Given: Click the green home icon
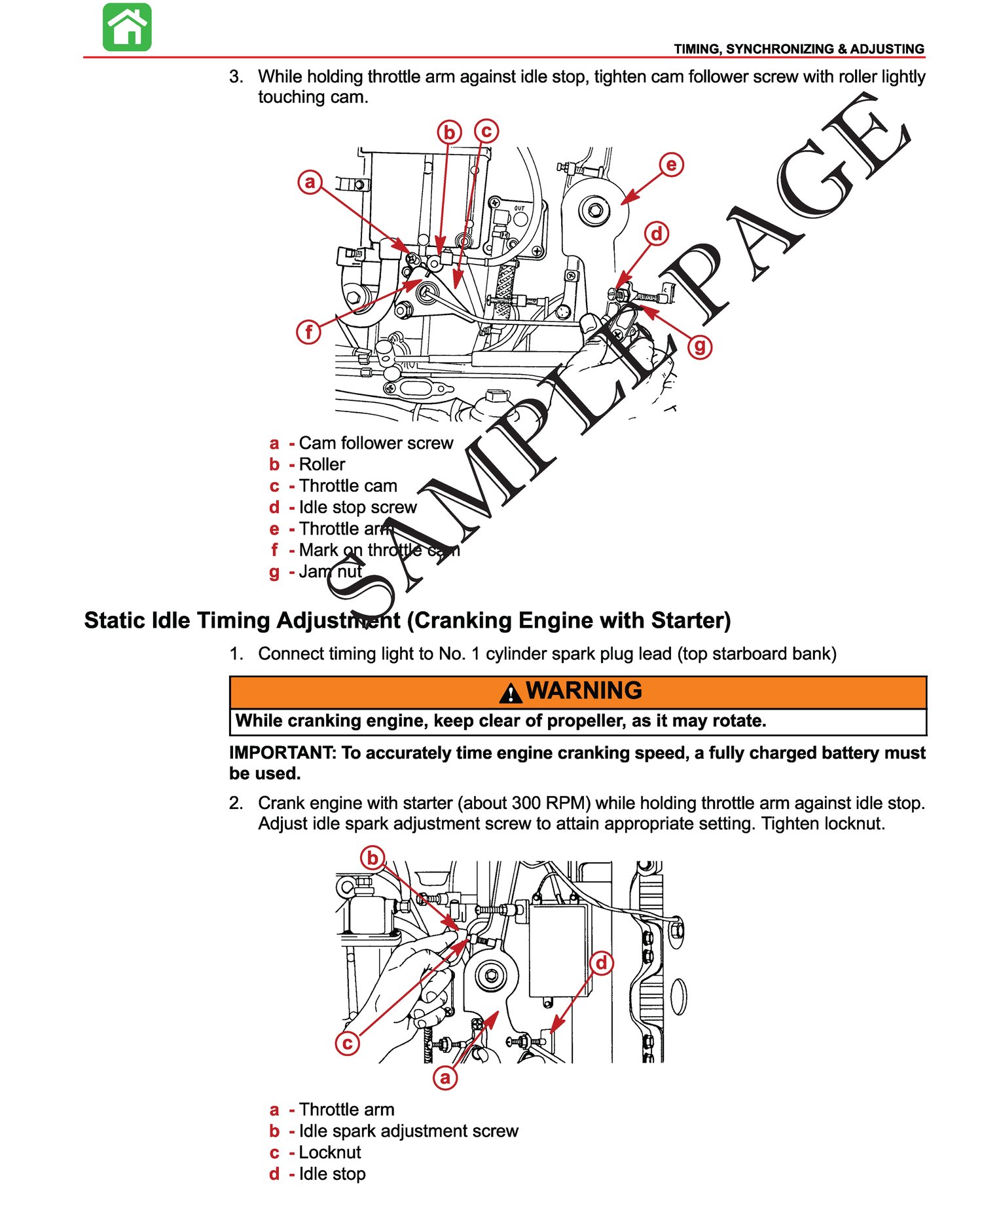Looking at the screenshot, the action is [x=127, y=27].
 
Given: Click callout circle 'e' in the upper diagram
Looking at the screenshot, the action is [x=671, y=164].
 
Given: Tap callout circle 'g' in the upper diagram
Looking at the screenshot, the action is [x=700, y=345].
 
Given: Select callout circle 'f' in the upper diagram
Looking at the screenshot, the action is [x=309, y=331].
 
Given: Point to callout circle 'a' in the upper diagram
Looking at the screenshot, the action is [x=310, y=181].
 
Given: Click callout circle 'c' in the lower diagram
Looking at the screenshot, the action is [x=348, y=1042].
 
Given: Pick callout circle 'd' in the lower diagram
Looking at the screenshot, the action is [x=601, y=963].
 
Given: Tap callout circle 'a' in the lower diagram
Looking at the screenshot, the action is [x=445, y=1078].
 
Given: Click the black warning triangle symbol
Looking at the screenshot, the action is [x=511, y=692].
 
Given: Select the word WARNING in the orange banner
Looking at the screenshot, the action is [x=585, y=690].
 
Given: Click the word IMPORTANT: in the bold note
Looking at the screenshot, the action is [x=282, y=753].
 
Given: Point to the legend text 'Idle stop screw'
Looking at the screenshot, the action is [x=357, y=507].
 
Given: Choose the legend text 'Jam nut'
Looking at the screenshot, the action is [x=330, y=571].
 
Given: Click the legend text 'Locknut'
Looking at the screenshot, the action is [x=330, y=1152].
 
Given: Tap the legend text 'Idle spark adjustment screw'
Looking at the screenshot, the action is [x=409, y=1131].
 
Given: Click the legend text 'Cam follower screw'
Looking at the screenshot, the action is [x=376, y=443].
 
